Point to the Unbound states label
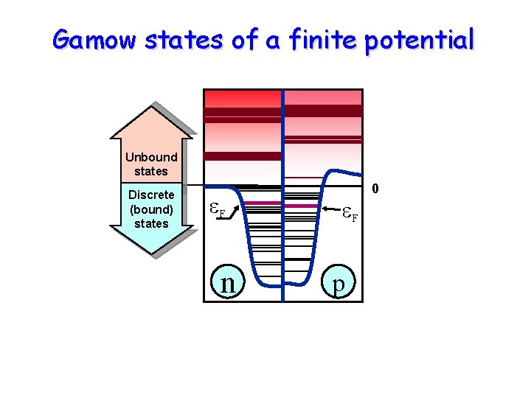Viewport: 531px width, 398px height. tap(151, 164)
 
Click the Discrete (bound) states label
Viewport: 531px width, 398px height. tap(151, 209)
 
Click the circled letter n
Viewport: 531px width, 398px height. tap(228, 282)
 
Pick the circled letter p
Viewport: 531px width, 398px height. tap(338, 283)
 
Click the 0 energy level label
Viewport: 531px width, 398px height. tap(375, 190)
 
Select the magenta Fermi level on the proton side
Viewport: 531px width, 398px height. tap(302, 206)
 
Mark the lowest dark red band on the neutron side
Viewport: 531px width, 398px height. tap(242, 156)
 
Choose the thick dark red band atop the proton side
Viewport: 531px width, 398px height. tap(323, 111)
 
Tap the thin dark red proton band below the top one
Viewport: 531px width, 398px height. tap(323, 139)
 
